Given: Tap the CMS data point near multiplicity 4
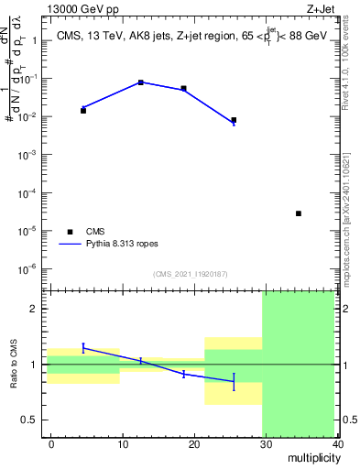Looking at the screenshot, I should pos(83,110).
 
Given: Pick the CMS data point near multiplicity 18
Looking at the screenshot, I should pos(184,89).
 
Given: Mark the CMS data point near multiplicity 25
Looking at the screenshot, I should pos(234,120).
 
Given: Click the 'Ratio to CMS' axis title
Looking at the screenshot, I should pos(16,365).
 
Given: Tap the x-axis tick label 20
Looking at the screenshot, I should pos(194,443).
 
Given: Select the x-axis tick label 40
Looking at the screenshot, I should pos(338,443).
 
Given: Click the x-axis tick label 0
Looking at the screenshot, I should pos(51,443).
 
